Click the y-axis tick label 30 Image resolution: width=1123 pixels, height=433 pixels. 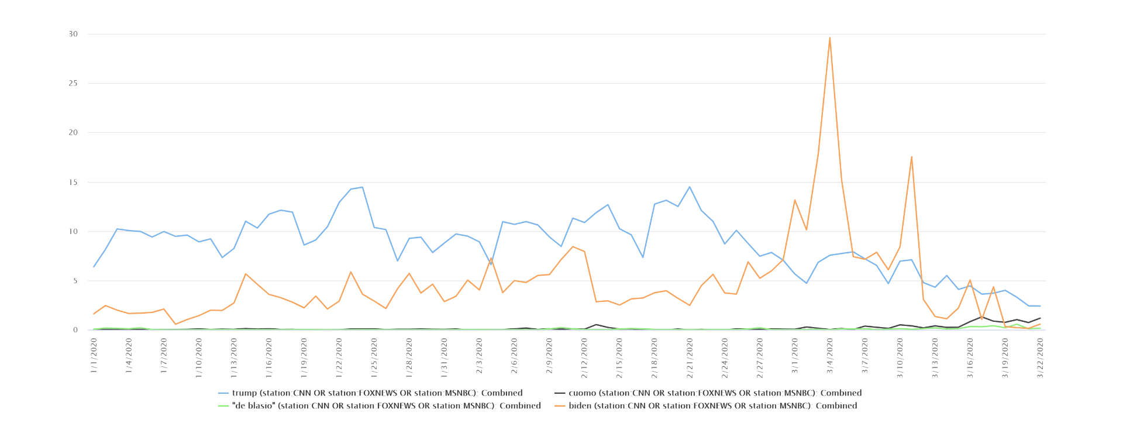tap(73, 34)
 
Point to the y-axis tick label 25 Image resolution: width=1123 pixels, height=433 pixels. tap(73, 83)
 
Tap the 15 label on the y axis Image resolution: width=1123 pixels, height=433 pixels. tap(73, 182)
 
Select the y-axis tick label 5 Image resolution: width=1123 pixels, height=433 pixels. tap(75, 281)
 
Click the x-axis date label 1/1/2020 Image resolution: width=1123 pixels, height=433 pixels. tap(94, 356)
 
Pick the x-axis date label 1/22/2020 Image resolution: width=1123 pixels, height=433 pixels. tap(339, 358)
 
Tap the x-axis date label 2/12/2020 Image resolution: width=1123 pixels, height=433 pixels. tap(585, 358)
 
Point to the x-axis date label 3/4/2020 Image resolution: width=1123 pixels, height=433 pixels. tap(830, 356)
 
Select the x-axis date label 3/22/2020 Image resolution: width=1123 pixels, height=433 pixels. tap(1041, 358)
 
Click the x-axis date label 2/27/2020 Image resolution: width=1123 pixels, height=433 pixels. tap(760, 358)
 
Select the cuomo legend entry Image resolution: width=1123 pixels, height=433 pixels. tap(708, 393)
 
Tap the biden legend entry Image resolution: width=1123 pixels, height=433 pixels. tap(705, 405)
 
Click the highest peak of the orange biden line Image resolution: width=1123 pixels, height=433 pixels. tap(830, 38)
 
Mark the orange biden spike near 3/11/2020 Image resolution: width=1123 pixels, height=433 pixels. tap(912, 157)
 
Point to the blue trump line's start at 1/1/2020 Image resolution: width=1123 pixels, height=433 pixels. tap(94, 267)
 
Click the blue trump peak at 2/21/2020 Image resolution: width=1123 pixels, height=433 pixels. tap(690, 187)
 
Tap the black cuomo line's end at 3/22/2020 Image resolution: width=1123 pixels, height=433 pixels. tap(1041, 318)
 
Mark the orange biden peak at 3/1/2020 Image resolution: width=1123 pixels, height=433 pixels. tap(795, 200)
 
